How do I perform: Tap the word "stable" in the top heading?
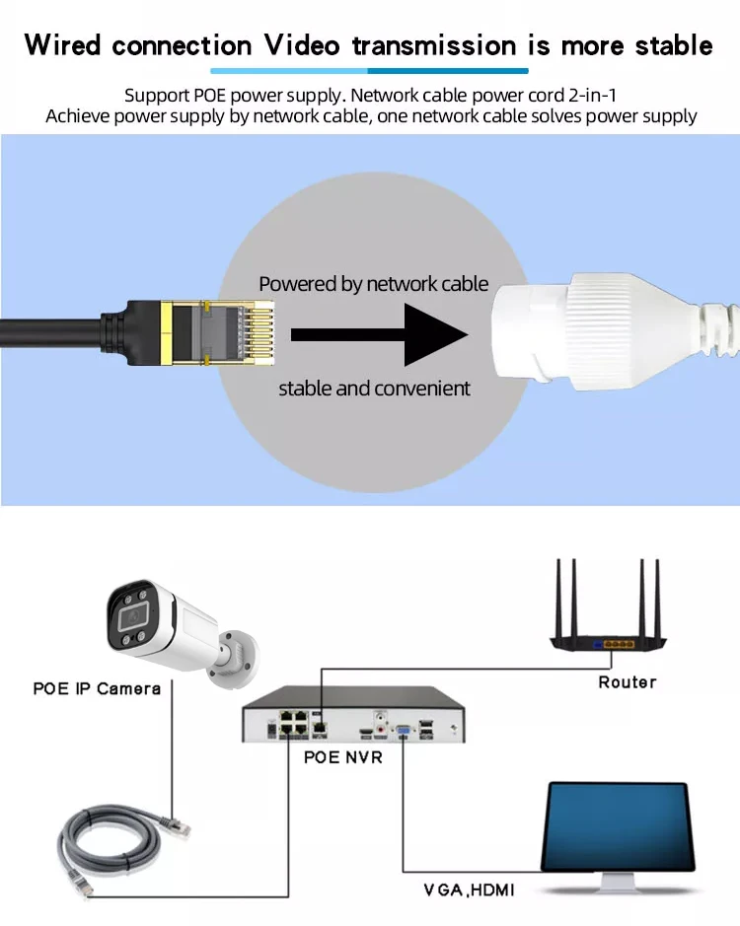[x=666, y=45]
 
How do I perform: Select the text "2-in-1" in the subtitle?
[x=589, y=96]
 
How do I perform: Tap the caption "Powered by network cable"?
[x=373, y=284]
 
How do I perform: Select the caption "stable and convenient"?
[x=374, y=389]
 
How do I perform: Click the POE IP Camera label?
[x=97, y=688]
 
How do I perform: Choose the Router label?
[x=627, y=681]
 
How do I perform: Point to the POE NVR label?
[x=341, y=757]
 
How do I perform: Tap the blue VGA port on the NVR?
[x=405, y=731]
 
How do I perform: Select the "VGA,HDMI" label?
[x=469, y=890]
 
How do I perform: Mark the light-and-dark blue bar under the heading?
[x=369, y=71]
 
